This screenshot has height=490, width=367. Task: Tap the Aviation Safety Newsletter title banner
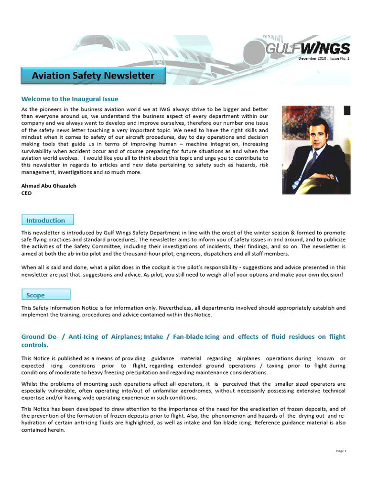point(93,76)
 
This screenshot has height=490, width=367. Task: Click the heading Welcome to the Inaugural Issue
point(70,99)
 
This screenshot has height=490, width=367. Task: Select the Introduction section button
point(47,220)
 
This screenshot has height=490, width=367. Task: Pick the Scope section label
point(46,295)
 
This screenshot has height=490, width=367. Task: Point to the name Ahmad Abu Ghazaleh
point(48,185)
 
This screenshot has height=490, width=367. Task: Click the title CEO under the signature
point(26,193)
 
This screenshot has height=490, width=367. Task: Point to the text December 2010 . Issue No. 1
point(324,58)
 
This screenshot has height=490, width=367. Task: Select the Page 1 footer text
point(341,451)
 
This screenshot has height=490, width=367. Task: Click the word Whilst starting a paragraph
point(31,384)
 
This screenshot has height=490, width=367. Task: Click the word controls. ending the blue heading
point(34,345)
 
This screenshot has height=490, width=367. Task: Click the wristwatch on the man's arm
point(330,176)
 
